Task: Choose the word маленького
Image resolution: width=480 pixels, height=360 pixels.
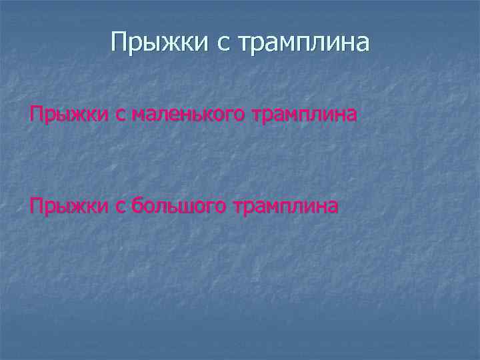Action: pos(189,116)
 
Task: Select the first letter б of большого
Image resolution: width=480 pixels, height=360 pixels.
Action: pos(137,206)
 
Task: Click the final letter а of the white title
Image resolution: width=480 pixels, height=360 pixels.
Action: pos(362,44)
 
